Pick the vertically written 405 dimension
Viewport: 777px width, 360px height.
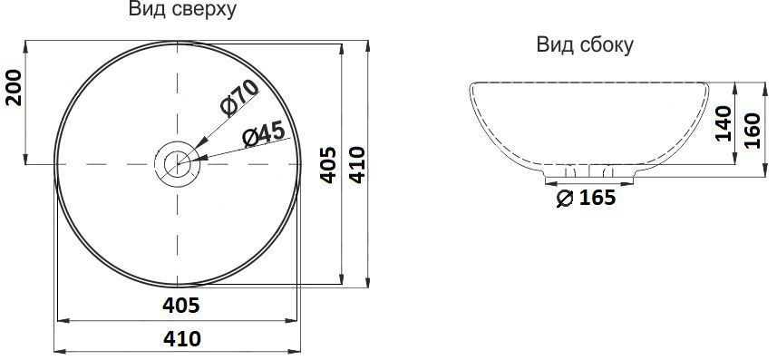point(329,164)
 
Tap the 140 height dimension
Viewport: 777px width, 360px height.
point(723,123)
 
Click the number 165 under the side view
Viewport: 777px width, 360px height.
point(596,198)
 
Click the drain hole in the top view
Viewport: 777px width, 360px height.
point(178,164)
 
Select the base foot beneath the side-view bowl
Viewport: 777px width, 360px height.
point(588,173)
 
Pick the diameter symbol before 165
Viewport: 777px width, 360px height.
point(562,199)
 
